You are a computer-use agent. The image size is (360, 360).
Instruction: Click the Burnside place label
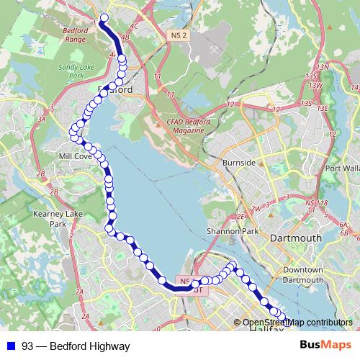239,163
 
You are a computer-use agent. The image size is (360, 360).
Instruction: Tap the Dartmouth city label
294,238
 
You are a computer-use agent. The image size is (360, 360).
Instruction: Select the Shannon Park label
231,231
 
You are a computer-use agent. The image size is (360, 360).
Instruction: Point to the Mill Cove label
75,156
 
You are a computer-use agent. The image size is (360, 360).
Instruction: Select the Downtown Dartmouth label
302,274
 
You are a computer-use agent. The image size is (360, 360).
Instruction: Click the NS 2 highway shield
179,35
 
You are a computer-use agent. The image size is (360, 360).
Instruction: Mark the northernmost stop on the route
104,18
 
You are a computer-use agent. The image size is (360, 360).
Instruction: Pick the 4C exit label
133,26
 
